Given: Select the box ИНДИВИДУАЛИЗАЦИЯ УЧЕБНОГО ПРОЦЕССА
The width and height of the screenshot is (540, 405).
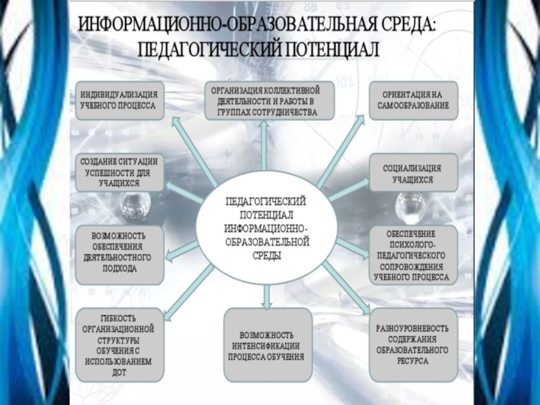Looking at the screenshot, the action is point(119,99).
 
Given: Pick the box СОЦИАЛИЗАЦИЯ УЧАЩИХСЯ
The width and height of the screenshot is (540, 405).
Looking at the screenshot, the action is point(412,173).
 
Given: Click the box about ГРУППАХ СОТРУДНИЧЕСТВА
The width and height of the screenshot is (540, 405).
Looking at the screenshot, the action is point(268,101).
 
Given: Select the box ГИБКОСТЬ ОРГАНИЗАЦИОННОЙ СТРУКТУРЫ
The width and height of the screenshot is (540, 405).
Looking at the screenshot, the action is point(119,344).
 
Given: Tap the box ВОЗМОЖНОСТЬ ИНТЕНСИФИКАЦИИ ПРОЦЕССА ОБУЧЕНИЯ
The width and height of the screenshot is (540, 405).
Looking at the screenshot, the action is point(268,345).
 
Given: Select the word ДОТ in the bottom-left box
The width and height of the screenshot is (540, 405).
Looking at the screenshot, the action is point(119,372).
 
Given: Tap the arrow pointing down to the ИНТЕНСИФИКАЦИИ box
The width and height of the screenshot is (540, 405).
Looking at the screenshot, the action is point(268,294).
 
